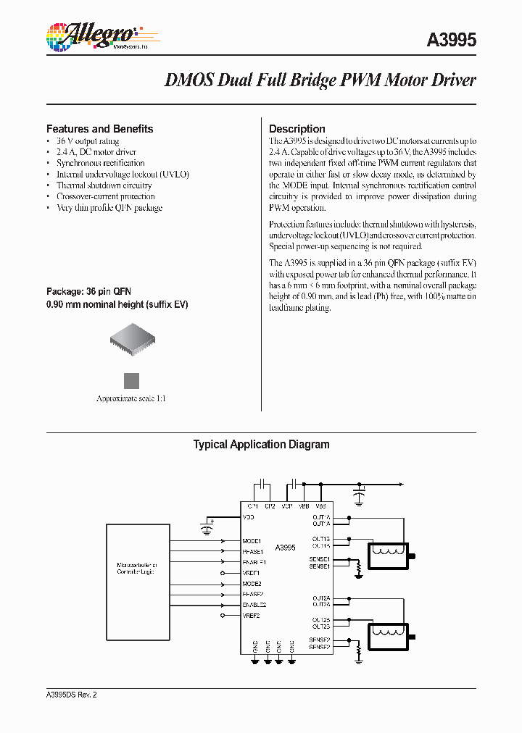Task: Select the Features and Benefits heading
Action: [x=99, y=129]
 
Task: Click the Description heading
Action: [x=297, y=129]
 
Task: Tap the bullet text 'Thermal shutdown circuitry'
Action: [x=94, y=185]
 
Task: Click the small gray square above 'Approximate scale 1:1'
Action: [x=131, y=381]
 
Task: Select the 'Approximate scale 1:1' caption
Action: [x=131, y=399]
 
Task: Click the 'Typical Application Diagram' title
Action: [x=261, y=445]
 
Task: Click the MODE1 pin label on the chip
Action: [x=252, y=541]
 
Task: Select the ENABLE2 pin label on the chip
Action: [x=254, y=604]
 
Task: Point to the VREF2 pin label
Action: [x=251, y=615]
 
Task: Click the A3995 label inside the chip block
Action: [x=285, y=548]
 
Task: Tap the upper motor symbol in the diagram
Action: [x=389, y=556]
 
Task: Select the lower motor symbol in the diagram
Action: [x=389, y=637]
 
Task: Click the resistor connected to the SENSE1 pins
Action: [x=358, y=570]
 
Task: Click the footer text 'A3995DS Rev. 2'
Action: [x=71, y=695]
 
